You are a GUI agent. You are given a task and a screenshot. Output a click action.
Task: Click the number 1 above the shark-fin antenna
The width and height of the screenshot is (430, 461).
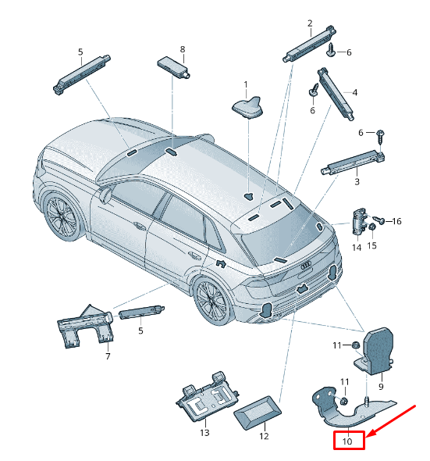(245, 84)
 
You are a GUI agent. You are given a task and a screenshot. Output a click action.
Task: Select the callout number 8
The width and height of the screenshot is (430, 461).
(183, 49)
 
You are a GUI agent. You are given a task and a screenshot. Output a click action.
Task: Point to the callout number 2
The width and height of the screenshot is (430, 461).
(310, 23)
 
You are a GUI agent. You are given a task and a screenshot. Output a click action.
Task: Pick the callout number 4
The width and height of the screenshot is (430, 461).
(355, 93)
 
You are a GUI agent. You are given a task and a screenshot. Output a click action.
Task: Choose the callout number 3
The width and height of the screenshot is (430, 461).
(357, 181)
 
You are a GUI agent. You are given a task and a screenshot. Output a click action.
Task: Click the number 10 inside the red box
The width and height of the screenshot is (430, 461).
(348, 441)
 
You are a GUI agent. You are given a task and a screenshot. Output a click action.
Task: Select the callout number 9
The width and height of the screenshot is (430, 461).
(382, 386)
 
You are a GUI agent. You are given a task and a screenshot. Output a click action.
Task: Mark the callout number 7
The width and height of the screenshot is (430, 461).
(108, 356)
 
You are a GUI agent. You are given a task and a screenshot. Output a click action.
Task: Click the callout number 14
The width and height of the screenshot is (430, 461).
(357, 248)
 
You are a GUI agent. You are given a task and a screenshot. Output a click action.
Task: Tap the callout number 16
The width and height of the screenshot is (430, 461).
(396, 221)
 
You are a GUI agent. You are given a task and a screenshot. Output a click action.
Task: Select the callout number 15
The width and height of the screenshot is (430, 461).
(372, 245)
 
